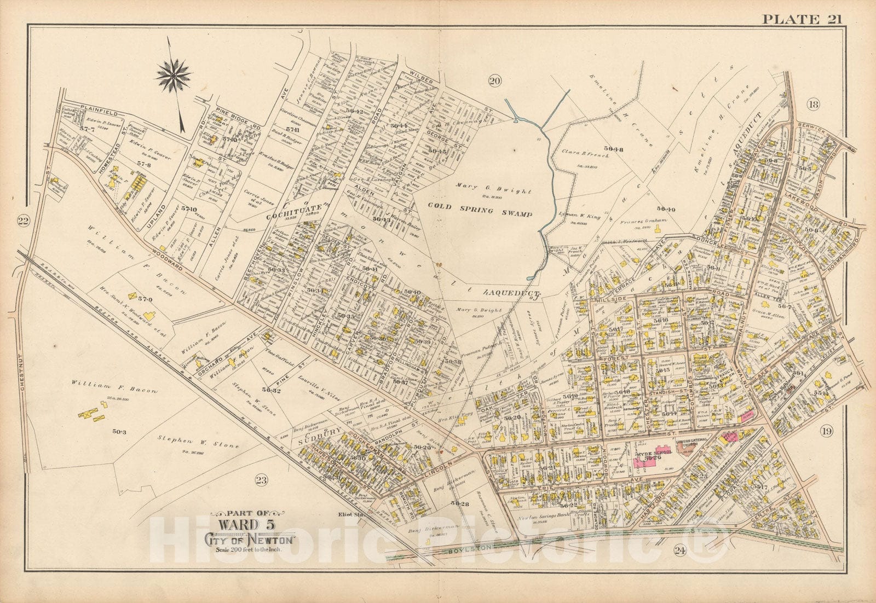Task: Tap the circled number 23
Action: (x=262, y=480)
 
